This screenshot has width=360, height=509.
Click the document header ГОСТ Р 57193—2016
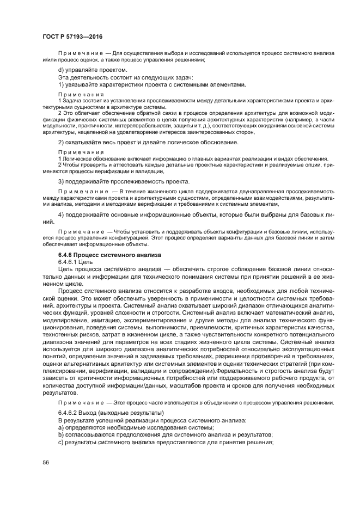72,36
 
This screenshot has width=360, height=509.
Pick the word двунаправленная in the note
247,192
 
